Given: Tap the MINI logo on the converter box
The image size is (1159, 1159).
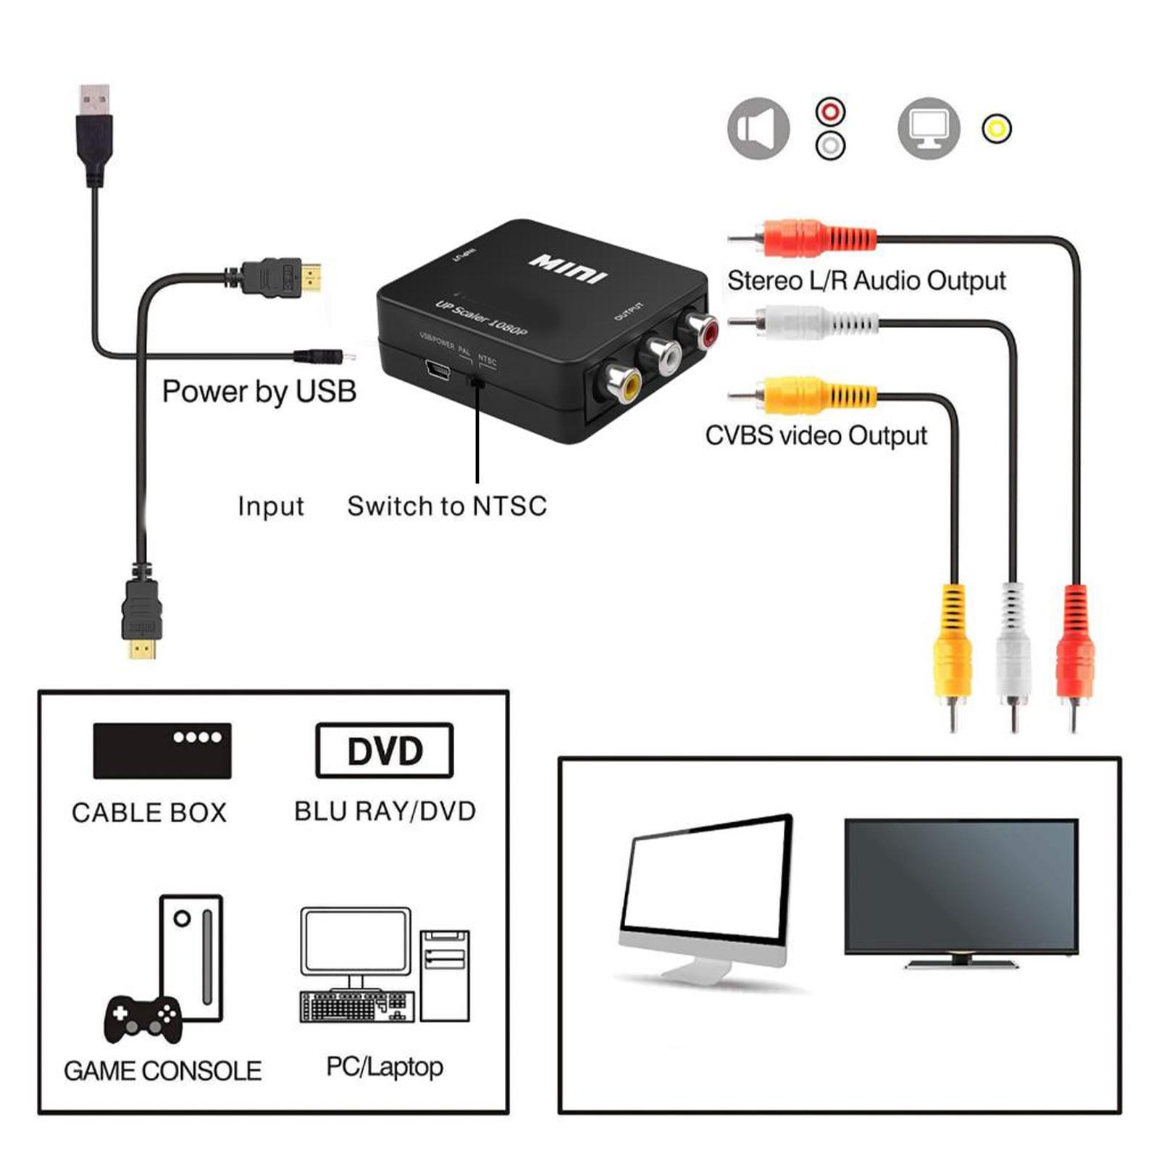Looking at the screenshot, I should coord(569,269).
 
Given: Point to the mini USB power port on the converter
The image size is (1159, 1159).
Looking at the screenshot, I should coord(438,372).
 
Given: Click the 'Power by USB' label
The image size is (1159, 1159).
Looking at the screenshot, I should coord(259,392).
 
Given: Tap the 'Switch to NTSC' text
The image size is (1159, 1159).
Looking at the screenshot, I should coord(447,506).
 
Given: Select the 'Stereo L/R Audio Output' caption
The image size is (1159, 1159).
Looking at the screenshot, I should coord(866,281).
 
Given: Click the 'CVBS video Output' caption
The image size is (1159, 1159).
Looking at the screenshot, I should coord(816,435).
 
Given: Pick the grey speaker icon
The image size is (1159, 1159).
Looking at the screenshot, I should coord(758,129).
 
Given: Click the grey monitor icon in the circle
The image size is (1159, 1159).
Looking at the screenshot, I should coord(929,129).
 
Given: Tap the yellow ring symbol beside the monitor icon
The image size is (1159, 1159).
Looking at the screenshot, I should coord(997,129).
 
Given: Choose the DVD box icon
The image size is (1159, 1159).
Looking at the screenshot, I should coord(385,750).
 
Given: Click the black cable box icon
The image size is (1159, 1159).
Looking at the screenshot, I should coord(162,750).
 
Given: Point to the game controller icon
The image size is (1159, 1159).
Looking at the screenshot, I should coord(143,1019).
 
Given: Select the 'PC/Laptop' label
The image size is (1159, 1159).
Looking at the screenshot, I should coord(385,1066).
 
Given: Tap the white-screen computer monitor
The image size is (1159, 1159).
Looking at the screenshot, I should coord(706,895).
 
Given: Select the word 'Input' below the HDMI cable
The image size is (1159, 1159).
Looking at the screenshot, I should coord(270,506).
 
